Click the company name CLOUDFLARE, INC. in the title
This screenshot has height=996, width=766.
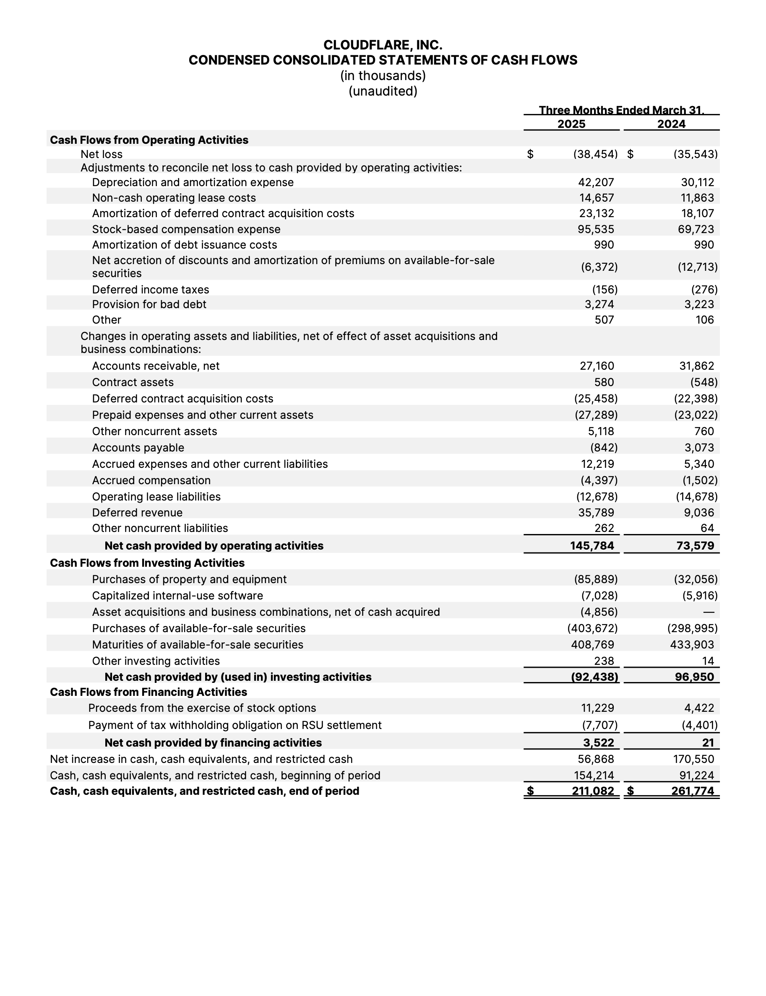pyautogui.click(x=383, y=45)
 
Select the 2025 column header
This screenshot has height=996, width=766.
pyautogui.click(x=571, y=124)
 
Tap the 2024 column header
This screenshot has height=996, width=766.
pyautogui.click(x=671, y=124)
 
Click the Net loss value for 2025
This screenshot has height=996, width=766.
pyautogui.click(x=595, y=154)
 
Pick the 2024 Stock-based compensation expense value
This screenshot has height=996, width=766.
pyautogui.click(x=696, y=229)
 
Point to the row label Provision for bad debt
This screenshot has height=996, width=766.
pyautogui.click(x=149, y=304)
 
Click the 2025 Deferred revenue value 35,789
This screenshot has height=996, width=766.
pyautogui.click(x=597, y=513)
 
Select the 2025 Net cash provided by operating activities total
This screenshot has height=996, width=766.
pyautogui.click(x=592, y=545)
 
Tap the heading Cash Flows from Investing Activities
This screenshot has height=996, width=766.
pyautogui.click(x=147, y=563)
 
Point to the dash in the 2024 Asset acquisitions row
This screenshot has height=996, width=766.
pyautogui.click(x=709, y=612)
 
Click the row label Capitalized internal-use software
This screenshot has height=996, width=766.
pyautogui.click(x=177, y=596)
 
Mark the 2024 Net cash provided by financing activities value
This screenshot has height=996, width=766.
pyautogui.click(x=708, y=743)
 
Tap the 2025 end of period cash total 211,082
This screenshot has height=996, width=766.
pyautogui.click(x=593, y=791)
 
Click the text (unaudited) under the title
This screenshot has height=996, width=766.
pyautogui.click(x=383, y=91)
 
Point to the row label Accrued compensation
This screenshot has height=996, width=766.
pyautogui.click(x=151, y=480)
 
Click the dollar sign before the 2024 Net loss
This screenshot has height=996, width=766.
pyautogui.click(x=630, y=154)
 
